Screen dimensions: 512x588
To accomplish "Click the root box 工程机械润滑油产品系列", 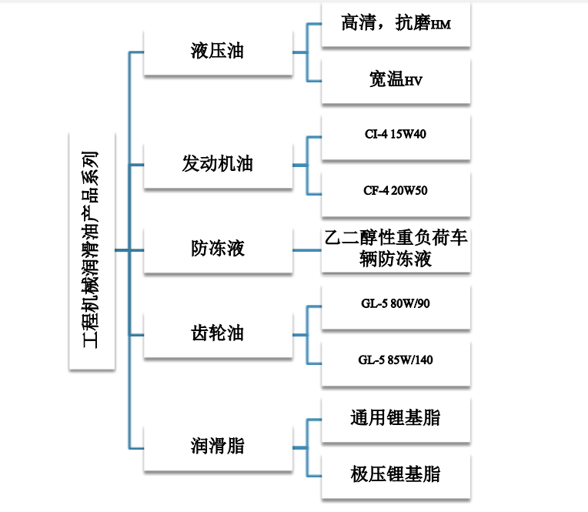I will click(92, 250).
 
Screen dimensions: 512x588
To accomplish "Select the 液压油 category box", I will click(217, 52).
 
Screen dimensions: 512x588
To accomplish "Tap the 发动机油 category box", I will click(217, 165).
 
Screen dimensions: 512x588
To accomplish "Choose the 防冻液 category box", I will click(217, 249).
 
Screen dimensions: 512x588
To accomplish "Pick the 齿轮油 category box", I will click(217, 333).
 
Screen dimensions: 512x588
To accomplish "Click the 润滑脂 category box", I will click(217, 446).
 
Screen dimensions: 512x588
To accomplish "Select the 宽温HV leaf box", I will click(395, 80).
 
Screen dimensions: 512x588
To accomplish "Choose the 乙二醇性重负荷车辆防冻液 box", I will click(395, 249).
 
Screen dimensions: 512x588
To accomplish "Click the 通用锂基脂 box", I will click(395, 417).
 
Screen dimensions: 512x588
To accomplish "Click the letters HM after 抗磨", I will click(440, 26).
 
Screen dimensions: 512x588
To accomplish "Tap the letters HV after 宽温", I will click(415, 82).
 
